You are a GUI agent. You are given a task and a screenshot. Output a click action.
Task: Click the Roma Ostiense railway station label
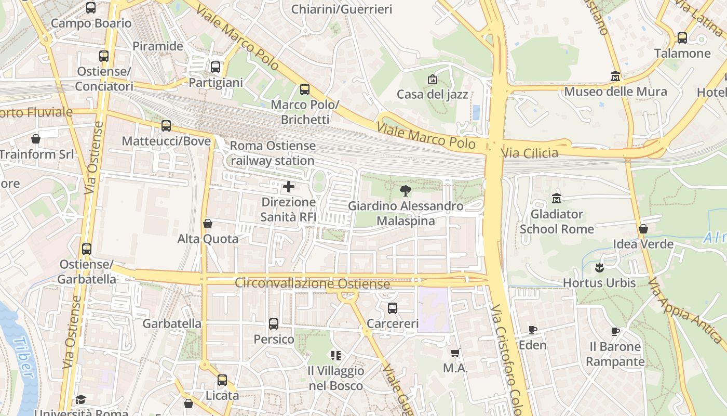coord(273,153)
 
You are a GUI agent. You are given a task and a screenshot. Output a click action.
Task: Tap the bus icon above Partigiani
coord(215,67)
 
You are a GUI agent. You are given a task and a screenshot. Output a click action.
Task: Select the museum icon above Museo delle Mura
coord(615,76)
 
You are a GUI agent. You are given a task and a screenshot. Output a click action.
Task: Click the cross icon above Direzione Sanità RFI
coord(289,187)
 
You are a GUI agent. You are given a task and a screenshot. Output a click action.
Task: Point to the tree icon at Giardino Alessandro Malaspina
coord(406,191)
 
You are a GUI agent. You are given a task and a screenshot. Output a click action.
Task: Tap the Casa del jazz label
coord(432,94)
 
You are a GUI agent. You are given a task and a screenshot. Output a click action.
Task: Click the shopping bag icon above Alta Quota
coord(208,224)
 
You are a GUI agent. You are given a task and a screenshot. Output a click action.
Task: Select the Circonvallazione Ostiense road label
coord(312,284)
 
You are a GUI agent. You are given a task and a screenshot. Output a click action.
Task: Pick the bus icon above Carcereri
coord(393,308)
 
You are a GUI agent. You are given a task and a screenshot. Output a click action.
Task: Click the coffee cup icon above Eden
coord(532,330)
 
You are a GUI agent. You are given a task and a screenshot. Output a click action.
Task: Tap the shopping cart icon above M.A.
coord(455,353)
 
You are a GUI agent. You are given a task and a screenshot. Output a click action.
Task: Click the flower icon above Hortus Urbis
coord(599,268)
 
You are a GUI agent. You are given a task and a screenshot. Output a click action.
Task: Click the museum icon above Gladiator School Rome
coord(557,199)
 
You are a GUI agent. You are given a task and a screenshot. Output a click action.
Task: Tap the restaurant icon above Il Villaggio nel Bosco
coord(336,356)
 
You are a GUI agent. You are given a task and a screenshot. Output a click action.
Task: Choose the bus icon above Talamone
coord(682,38)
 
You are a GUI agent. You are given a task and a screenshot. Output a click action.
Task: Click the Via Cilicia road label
coord(529,153)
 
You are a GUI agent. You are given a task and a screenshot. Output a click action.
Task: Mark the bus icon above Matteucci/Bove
coord(166,126)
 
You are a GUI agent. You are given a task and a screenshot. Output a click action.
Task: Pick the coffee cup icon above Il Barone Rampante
coord(615,331)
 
